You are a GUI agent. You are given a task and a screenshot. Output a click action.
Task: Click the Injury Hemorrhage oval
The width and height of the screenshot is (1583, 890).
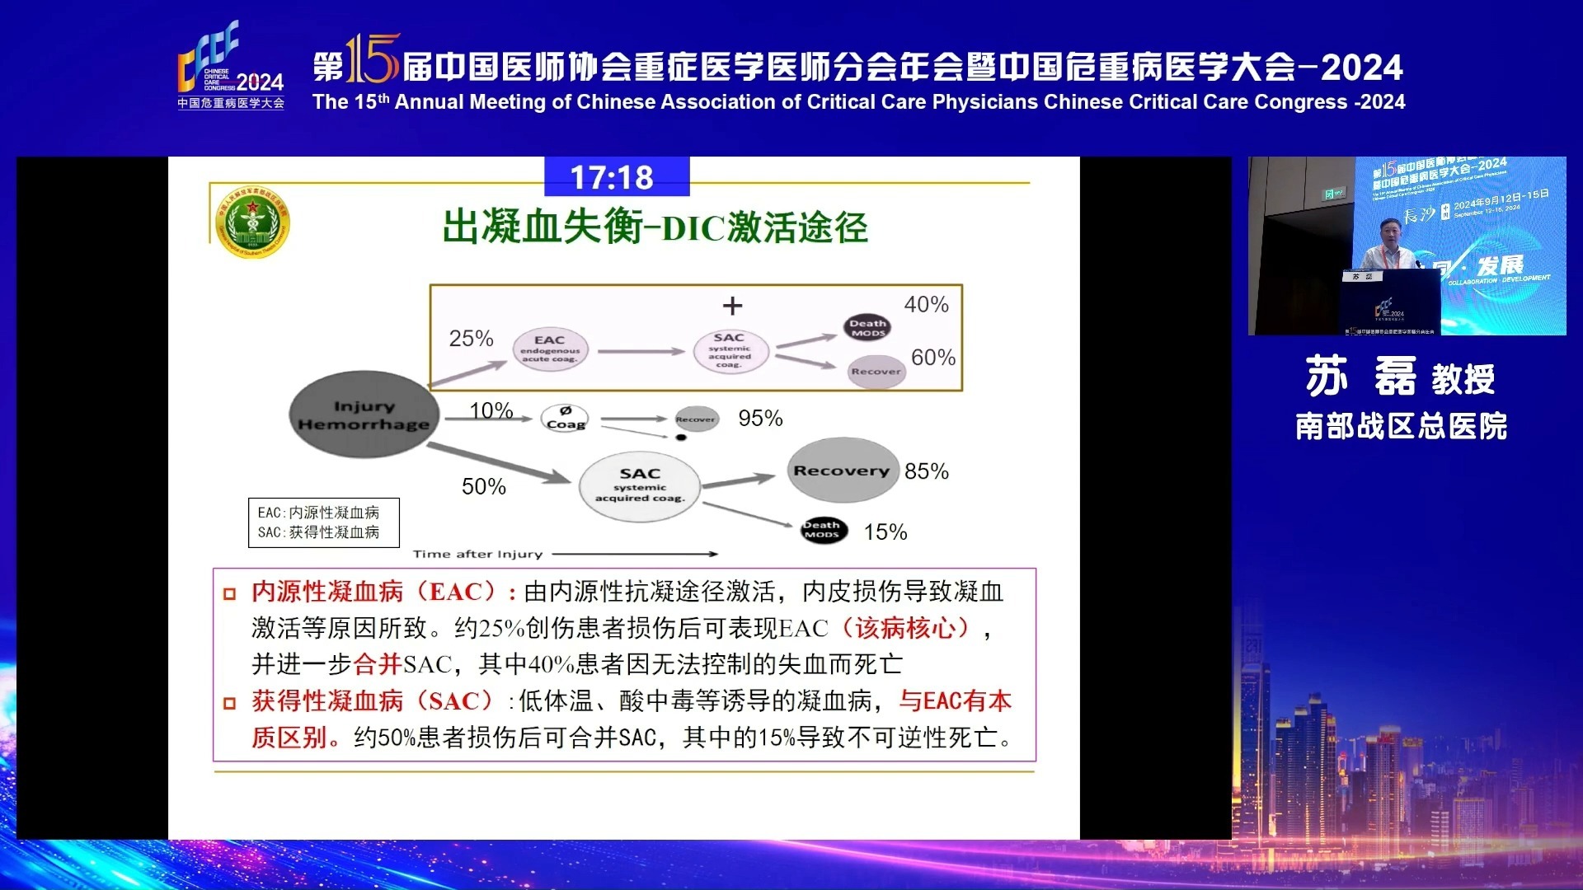coord(364,415)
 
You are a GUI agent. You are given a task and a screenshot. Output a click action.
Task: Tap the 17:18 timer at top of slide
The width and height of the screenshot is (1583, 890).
coord(612,178)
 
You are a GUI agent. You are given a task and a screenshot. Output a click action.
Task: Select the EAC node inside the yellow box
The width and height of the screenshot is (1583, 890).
coord(550,349)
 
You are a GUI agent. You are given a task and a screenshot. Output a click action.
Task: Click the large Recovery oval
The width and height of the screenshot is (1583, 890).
coord(841,471)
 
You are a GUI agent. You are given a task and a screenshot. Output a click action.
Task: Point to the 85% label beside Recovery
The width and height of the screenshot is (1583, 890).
coord(926,471)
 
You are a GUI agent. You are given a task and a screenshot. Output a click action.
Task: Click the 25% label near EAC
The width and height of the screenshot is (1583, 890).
coord(471,339)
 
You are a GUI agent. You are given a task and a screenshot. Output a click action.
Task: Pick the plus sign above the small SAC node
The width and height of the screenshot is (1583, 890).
coord(732,307)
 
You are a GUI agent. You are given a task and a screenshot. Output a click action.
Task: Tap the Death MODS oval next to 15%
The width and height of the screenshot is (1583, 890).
coord(822,530)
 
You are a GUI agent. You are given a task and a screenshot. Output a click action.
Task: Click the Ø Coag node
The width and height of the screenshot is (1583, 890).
coord(566,418)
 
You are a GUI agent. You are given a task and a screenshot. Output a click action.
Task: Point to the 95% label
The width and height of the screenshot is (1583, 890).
coord(760,419)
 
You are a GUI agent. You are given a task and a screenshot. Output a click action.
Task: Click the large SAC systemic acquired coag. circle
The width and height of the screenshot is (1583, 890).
coord(640,485)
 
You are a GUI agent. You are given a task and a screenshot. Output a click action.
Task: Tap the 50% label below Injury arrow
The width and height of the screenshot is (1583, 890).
coord(484,487)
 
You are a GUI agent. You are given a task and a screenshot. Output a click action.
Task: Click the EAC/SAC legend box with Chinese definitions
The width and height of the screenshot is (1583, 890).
coord(323,522)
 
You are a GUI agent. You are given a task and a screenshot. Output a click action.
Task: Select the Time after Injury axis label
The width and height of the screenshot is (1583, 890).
coord(477,555)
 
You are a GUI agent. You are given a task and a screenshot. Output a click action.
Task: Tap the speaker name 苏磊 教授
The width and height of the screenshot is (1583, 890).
coord(1399,378)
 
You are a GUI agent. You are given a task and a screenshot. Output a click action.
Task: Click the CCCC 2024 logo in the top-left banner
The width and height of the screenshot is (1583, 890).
coord(231,66)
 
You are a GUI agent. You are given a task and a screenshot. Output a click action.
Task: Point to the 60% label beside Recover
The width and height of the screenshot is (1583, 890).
coord(932,358)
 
